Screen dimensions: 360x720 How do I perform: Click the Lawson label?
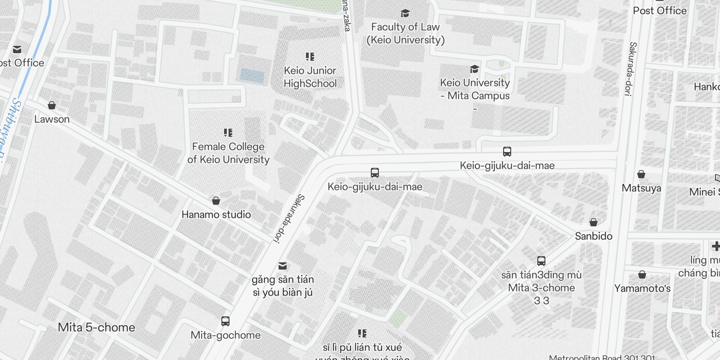coord(52,119)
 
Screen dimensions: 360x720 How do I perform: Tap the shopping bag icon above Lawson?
coord(52,105)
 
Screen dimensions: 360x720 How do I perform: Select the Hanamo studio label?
coord(216,215)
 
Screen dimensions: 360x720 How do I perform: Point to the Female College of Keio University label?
coord(228,153)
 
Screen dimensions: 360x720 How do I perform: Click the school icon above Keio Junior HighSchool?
coord(310,57)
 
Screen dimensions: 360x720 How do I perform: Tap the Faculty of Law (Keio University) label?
coord(405,33)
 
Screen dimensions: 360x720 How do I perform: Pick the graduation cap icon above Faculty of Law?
coord(405,13)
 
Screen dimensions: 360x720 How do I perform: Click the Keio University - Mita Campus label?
coord(475,89)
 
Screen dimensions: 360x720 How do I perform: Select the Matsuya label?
coord(641,188)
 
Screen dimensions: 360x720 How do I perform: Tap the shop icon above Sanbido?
coord(594,222)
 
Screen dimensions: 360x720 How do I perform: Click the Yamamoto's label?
coord(642,288)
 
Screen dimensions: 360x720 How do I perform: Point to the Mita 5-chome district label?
coord(96,327)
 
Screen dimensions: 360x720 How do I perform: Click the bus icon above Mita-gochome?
coord(225,321)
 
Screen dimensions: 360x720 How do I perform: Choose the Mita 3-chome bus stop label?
coord(541,288)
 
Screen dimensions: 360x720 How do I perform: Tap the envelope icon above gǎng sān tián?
coord(283,265)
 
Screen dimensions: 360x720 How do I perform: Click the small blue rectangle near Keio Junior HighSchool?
coord(252,75)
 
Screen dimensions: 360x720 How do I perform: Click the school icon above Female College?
coord(228,133)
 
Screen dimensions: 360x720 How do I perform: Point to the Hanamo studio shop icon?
coord(216,201)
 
